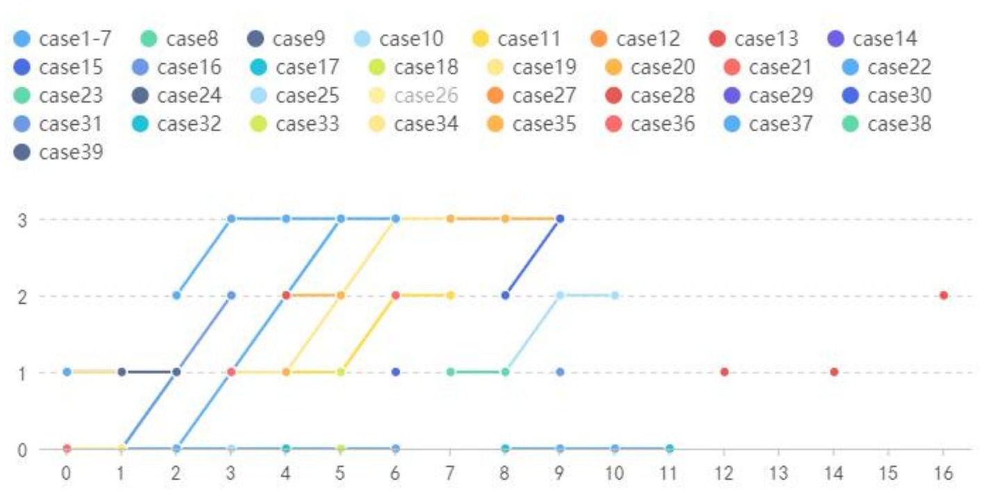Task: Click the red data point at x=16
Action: pos(943,296)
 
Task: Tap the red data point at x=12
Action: pos(724,372)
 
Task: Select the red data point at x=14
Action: pos(834,372)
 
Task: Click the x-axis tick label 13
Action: pos(778,474)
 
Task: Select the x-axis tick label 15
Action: pos(888,474)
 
